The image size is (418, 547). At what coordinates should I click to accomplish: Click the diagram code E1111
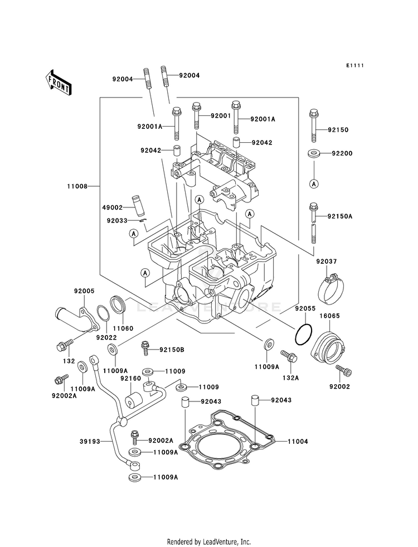click(x=355, y=66)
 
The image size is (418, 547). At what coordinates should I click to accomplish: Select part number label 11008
click(x=77, y=186)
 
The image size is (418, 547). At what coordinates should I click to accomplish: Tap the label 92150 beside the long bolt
click(x=338, y=130)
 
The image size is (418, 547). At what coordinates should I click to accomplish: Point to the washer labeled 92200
click(x=314, y=153)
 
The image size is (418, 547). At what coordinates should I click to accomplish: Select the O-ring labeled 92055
click(x=303, y=334)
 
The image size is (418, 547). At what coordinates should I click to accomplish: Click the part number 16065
click(x=329, y=316)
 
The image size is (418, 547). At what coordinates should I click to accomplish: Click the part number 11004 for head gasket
click(x=298, y=442)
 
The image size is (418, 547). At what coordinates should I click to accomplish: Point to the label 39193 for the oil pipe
click(x=90, y=442)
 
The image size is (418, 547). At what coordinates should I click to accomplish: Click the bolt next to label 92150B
click(x=145, y=348)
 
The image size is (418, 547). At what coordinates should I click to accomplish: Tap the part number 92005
click(x=84, y=291)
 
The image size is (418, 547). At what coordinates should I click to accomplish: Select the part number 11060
click(x=123, y=328)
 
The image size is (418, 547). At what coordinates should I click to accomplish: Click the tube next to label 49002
click(x=138, y=206)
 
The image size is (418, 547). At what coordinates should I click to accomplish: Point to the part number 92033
click(x=117, y=220)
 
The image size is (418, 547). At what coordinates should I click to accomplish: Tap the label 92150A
click(x=339, y=216)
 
